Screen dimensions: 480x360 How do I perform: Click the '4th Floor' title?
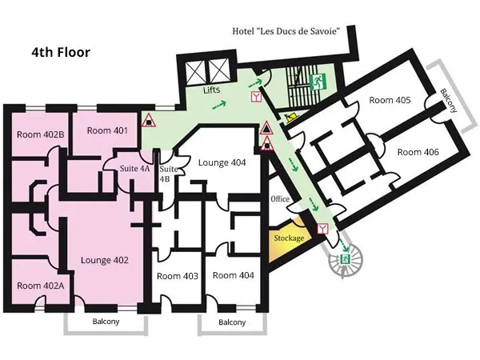click(x=61, y=52)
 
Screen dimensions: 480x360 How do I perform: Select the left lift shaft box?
click(x=195, y=70)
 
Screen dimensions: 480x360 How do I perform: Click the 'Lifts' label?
click(x=211, y=90)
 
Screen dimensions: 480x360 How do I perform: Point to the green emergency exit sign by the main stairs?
click(x=318, y=82)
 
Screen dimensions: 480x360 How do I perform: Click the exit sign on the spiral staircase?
click(x=345, y=259)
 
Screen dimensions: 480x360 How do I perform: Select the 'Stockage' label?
click(x=289, y=238)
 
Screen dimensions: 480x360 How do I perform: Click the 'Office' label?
click(x=280, y=199)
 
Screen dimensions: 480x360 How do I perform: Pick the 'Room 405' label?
click(x=390, y=100)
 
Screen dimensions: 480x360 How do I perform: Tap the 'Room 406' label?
click(x=418, y=152)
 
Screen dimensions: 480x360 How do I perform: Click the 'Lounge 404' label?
click(x=222, y=162)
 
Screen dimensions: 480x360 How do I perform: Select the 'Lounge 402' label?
click(x=104, y=260)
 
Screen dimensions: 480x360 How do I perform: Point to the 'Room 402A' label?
click(x=41, y=286)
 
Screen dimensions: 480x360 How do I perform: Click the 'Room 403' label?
click(x=178, y=276)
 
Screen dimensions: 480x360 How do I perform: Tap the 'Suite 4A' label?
click(x=134, y=168)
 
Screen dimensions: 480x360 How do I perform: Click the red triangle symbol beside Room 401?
click(x=149, y=120)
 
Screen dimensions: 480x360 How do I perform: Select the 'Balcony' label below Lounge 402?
click(x=106, y=322)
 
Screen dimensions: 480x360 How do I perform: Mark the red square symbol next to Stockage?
click(x=322, y=229)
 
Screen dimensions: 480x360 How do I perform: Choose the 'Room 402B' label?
click(x=41, y=134)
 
